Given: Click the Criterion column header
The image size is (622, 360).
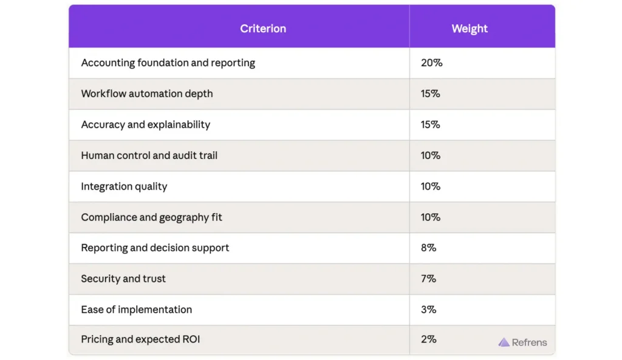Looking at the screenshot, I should (x=262, y=29).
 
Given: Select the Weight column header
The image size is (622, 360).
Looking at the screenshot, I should (x=470, y=29).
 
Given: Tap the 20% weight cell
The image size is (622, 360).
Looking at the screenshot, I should (x=431, y=63).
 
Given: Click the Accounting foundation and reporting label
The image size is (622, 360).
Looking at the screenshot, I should (x=168, y=63).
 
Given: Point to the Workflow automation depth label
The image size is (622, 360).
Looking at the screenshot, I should (x=146, y=93).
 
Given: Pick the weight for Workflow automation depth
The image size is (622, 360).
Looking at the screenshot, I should (x=430, y=93).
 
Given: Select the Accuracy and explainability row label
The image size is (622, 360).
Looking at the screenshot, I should (x=145, y=124).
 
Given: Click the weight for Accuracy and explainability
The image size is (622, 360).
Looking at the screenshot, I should (x=430, y=124).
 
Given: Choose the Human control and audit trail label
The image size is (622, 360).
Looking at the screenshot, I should (x=149, y=155).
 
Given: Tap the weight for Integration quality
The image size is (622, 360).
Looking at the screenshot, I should (x=430, y=186).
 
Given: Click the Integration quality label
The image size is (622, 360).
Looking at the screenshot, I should (x=124, y=186).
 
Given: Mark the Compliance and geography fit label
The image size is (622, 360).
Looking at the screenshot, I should (x=151, y=217).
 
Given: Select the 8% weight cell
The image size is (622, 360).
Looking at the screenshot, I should (x=428, y=248).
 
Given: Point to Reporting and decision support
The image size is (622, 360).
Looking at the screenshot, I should (x=155, y=248).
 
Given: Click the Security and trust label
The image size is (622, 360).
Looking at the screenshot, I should (x=123, y=279).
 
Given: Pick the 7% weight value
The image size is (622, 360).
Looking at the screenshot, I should (x=428, y=279).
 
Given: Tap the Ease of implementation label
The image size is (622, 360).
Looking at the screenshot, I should (x=136, y=310).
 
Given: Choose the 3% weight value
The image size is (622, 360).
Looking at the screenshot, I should (x=428, y=310).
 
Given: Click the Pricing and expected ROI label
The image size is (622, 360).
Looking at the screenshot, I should (x=140, y=339).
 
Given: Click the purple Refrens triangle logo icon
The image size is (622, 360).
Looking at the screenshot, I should (x=504, y=342).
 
